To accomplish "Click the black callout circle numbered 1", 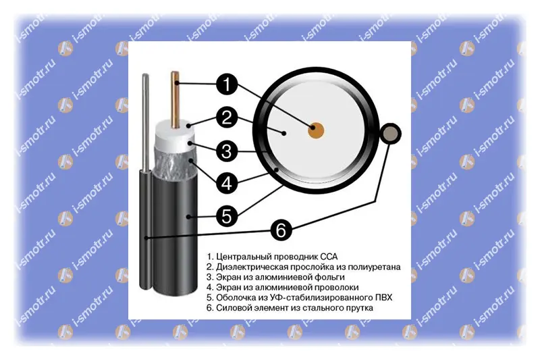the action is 227,84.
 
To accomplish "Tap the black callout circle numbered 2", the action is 227,118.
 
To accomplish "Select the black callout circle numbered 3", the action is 227,151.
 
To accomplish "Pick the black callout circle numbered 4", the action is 227,183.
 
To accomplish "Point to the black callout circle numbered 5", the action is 227,216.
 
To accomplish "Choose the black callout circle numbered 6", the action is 281,230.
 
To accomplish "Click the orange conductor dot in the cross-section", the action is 316,130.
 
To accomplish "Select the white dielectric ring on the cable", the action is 174,137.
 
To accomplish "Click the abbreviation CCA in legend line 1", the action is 329,257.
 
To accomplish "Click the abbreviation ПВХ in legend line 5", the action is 383,297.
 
